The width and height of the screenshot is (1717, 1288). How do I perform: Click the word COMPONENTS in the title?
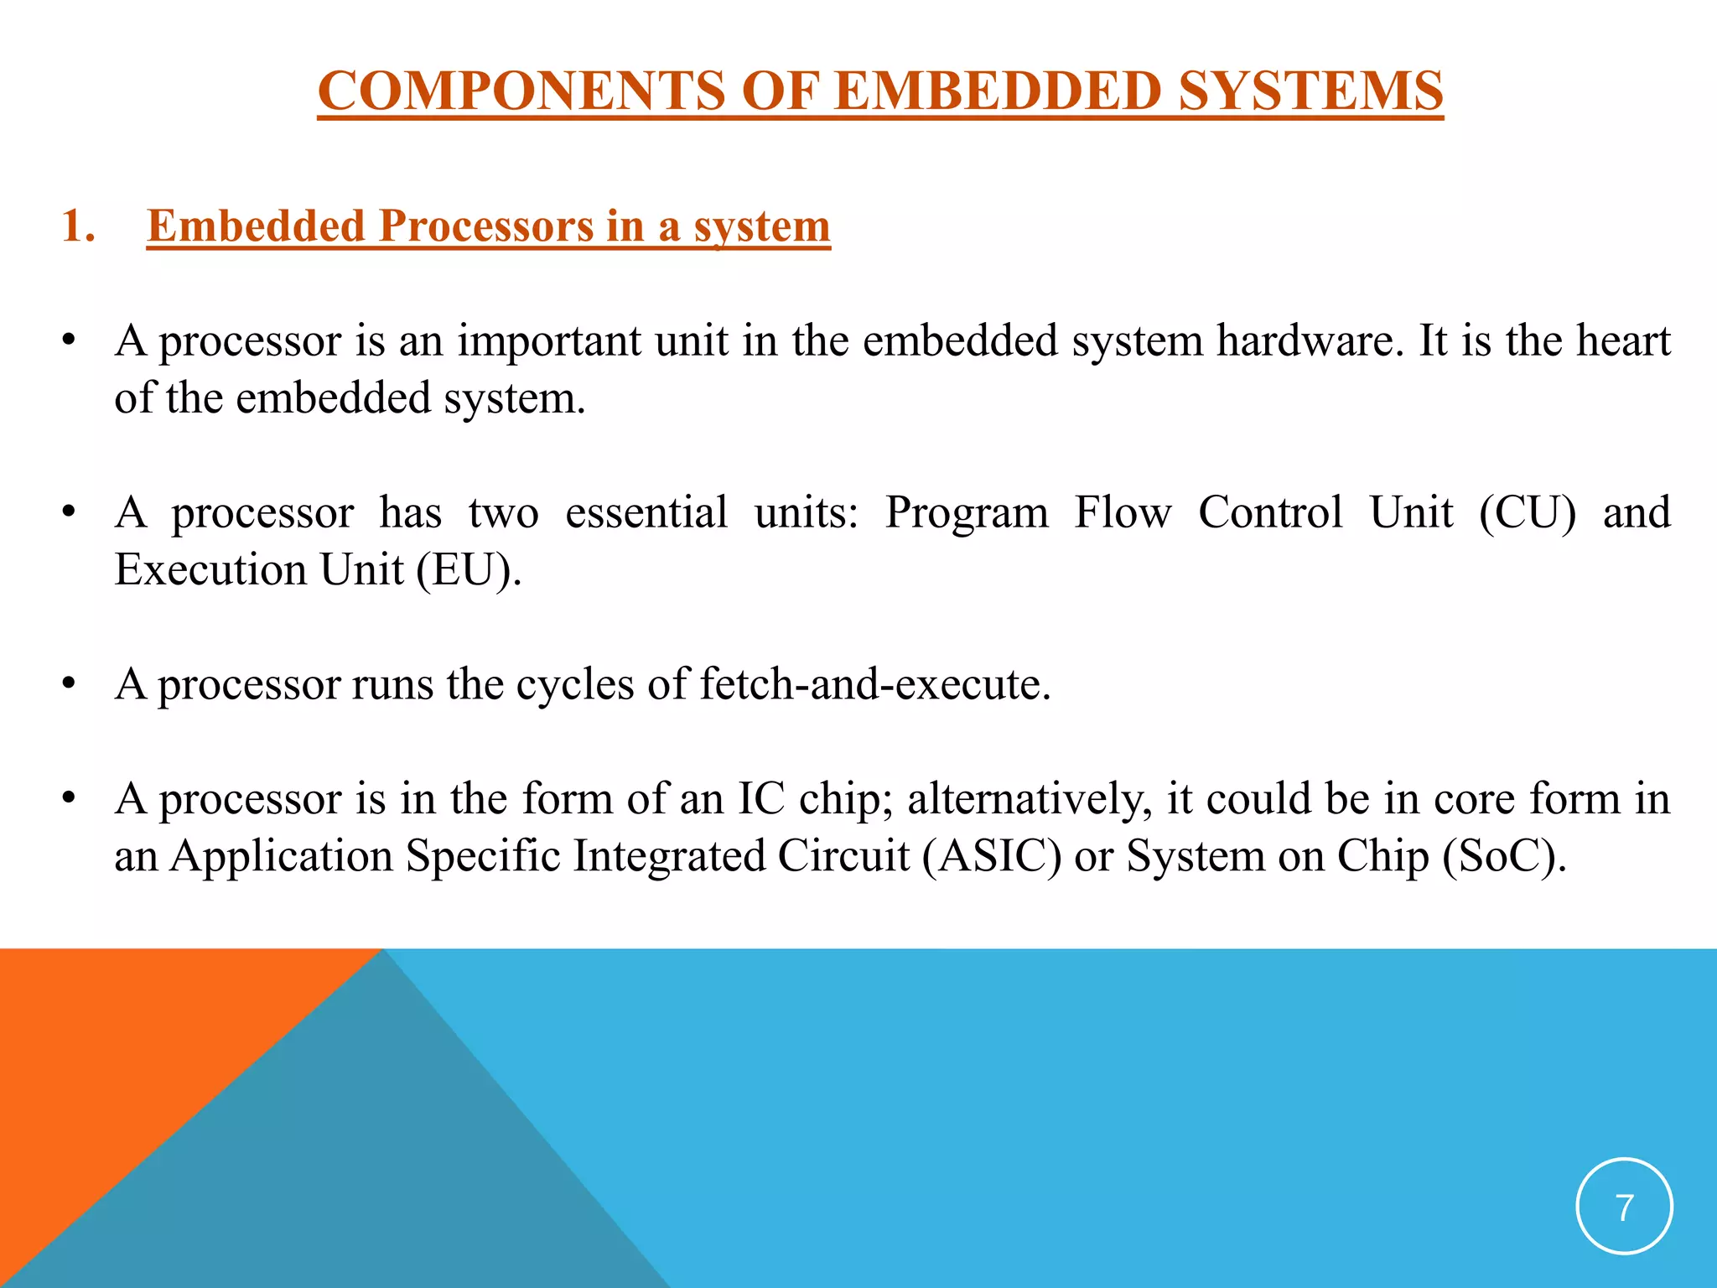520,91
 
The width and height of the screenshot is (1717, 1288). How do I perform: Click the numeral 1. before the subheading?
78,226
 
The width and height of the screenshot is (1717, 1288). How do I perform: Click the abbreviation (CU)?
1527,512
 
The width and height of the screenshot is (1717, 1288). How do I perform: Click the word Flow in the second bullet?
1123,512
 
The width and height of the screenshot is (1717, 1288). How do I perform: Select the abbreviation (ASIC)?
991,856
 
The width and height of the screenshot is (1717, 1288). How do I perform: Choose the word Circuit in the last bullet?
843,856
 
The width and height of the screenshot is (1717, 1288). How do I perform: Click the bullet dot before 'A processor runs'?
69,684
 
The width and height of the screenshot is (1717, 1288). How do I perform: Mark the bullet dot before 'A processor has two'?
69,512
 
